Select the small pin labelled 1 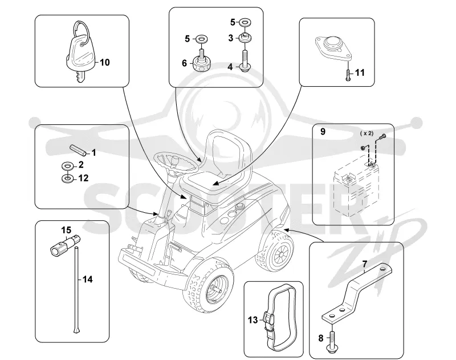[x=78, y=150]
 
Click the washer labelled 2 [x=67, y=166]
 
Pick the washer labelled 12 [x=67, y=178]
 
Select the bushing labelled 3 [x=245, y=38]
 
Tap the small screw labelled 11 [x=348, y=75]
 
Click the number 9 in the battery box [x=323, y=132]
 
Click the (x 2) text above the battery [x=367, y=134]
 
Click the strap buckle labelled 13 [x=268, y=321]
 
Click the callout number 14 [x=88, y=280]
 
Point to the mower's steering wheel [x=177, y=164]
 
